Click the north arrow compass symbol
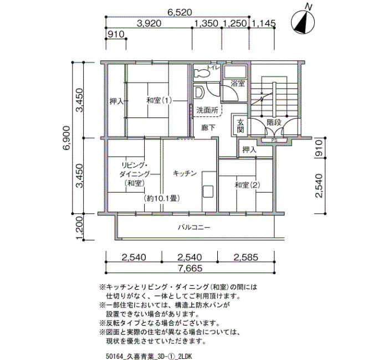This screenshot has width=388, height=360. [x=303, y=22]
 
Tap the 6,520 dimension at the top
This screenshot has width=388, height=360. [x=180, y=12]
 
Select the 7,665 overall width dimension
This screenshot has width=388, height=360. [x=190, y=268]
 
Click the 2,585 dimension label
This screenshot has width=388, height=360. [x=246, y=257]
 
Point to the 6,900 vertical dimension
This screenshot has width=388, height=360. [x=67, y=138]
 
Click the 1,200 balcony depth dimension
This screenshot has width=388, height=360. [x=79, y=228]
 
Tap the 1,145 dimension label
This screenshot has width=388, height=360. [x=263, y=23]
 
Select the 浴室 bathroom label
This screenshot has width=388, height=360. [x=238, y=84]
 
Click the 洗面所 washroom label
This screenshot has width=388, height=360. [x=207, y=110]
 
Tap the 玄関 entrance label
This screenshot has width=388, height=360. [x=240, y=126]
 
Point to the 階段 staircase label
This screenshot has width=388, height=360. [x=274, y=122]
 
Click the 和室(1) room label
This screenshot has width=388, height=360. [x=159, y=101]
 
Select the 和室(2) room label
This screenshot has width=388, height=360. [x=247, y=185]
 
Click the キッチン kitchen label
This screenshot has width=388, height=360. [x=185, y=173]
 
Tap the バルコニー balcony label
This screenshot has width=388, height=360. [x=194, y=227]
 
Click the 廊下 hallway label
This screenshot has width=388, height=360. [x=208, y=128]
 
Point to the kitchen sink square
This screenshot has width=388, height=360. [x=208, y=192]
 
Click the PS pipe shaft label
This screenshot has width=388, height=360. [x=274, y=140]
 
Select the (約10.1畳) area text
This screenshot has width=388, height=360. [x=161, y=198]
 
